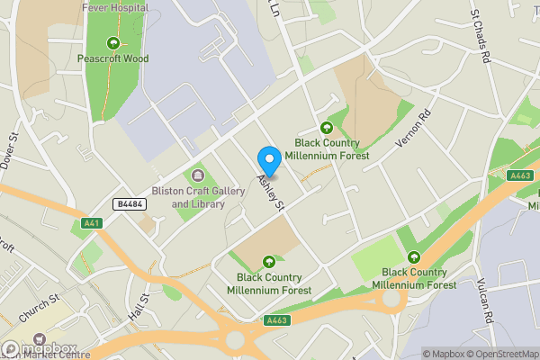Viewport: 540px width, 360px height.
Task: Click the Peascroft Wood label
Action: point(112,58)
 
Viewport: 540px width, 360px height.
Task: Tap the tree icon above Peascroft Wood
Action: point(112,42)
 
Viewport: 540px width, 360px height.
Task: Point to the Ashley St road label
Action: point(271,194)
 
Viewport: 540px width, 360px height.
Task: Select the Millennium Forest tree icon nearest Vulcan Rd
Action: point(414,256)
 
